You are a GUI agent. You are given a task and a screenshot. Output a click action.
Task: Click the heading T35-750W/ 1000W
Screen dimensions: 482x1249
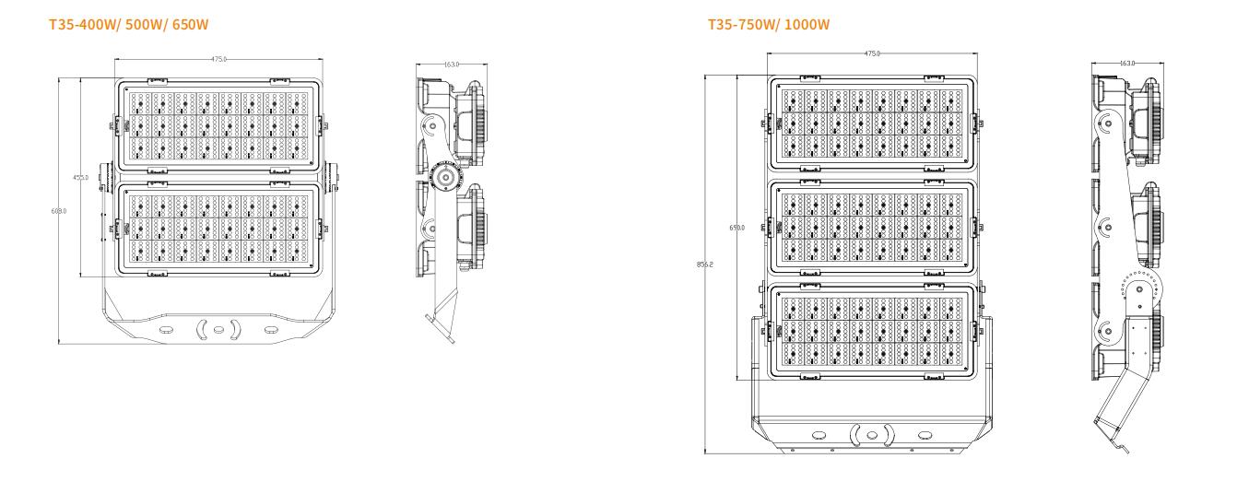(768, 24)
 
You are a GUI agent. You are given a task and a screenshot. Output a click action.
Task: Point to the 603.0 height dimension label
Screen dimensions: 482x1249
(59, 211)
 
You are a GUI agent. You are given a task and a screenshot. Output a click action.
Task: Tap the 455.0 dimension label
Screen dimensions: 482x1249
(81, 177)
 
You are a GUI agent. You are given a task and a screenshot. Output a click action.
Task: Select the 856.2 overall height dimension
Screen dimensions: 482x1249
(705, 265)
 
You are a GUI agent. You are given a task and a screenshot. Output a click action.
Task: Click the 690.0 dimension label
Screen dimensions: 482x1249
(736, 228)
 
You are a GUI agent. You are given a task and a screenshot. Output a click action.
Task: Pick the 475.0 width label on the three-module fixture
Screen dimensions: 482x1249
(872, 53)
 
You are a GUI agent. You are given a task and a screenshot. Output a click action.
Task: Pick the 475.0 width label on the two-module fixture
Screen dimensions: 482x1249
(218, 59)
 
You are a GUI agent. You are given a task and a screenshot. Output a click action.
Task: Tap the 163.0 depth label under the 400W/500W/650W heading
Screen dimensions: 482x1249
(452, 65)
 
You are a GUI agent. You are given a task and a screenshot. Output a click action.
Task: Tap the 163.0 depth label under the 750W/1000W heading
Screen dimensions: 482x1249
(1126, 64)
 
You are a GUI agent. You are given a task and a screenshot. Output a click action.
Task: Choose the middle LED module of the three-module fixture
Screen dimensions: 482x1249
(872, 228)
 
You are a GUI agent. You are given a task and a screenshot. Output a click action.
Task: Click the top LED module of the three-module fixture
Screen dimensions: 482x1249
(872, 124)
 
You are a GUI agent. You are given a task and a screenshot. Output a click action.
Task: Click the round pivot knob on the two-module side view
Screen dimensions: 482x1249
(445, 176)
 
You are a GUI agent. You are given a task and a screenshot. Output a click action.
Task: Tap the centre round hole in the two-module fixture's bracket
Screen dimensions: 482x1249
(218, 329)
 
